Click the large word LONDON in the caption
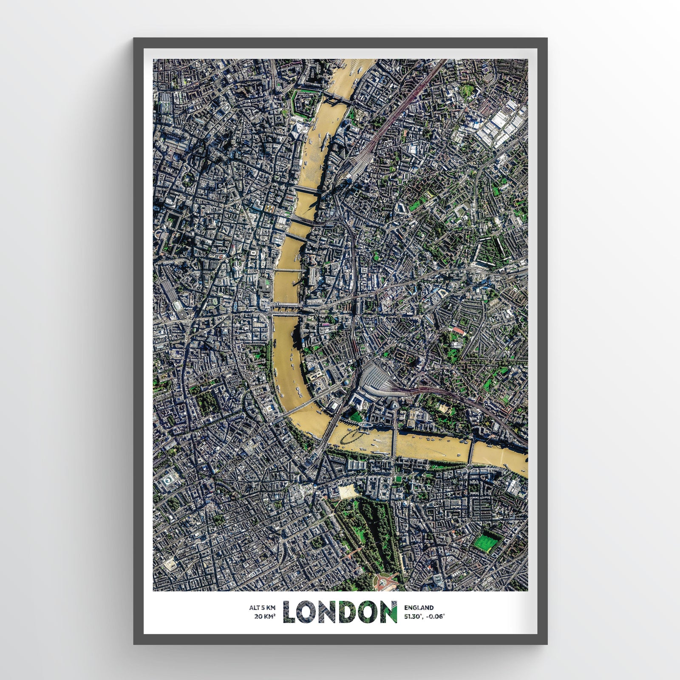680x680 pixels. click(x=340, y=612)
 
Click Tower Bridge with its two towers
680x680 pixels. click(x=336, y=100)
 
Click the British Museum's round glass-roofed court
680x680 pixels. click(x=169, y=482)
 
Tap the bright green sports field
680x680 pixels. click(x=484, y=542)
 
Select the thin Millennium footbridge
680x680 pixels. click(x=287, y=270)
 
